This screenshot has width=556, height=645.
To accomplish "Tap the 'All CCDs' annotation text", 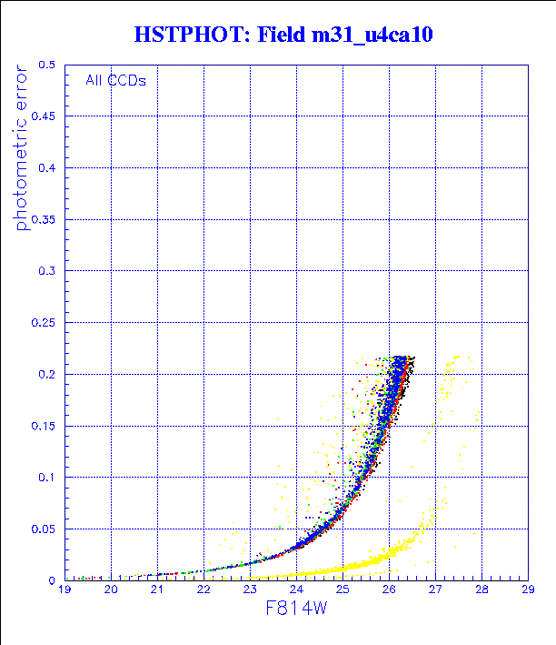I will (x=115, y=80).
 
